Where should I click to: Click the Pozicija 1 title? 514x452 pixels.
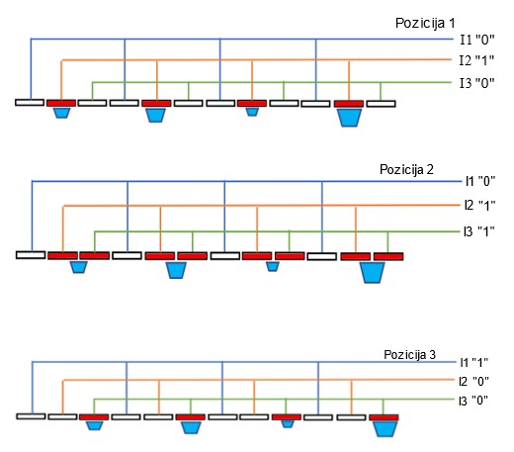[425, 24]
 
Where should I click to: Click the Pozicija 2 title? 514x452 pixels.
[406, 169]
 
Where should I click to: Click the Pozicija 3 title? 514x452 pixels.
[409, 355]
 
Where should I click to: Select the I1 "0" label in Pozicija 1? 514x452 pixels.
[477, 40]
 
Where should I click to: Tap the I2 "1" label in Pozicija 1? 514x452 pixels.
[476, 60]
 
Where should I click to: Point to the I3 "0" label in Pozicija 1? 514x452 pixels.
[477, 83]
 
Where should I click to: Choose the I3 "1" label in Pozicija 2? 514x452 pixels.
[479, 231]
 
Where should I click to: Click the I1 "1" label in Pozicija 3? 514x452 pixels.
[473, 363]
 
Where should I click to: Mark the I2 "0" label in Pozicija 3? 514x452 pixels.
[473, 382]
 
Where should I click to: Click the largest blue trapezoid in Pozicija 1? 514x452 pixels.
[349, 118]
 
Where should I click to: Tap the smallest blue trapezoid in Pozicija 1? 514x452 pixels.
[252, 112]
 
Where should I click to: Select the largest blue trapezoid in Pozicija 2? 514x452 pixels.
[373, 272]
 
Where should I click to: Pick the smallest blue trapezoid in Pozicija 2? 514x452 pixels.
[273, 266]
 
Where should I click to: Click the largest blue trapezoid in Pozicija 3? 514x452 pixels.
[385, 429]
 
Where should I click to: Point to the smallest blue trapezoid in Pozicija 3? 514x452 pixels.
[288, 424]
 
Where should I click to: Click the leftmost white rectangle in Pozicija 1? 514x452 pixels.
[30, 103]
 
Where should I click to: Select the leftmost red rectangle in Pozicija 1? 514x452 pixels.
[61, 103]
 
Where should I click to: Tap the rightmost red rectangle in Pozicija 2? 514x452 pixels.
[388, 256]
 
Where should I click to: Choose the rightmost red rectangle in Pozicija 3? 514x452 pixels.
[384, 417]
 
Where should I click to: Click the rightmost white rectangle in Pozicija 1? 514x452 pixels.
[381, 104]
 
